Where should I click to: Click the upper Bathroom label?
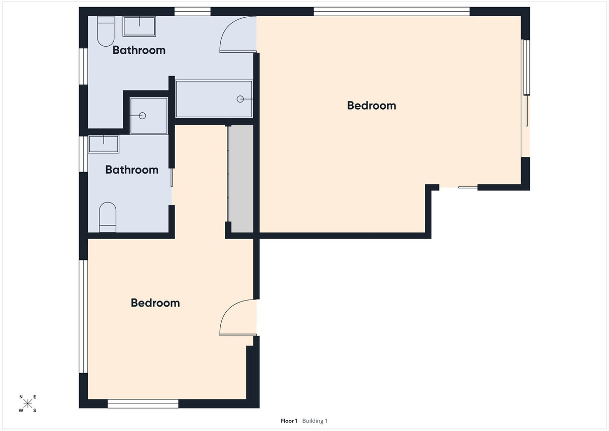point(139,50)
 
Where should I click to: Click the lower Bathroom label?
point(131,170)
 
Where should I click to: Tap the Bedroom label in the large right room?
point(371,106)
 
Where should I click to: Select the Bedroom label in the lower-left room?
point(155,303)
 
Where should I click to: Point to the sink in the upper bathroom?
point(140,26)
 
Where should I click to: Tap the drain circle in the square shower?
point(143,116)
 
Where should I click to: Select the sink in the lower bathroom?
point(104,144)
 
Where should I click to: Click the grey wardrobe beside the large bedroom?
point(241,179)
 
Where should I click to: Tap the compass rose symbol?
point(28,404)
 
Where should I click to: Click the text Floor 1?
point(289,421)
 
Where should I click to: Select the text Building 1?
point(315,421)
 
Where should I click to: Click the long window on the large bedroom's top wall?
point(391,11)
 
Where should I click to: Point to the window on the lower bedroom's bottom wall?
point(143,404)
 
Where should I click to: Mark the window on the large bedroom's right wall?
point(526,67)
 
